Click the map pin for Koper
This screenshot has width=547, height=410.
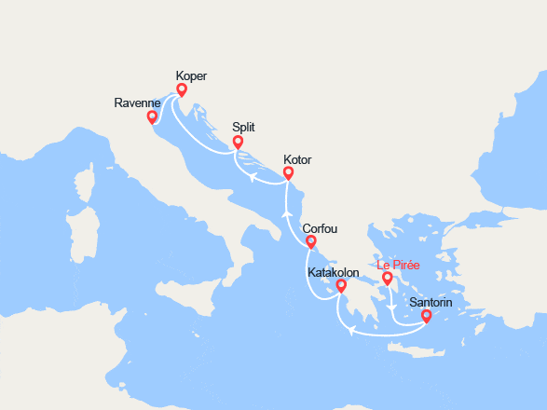point(182,90)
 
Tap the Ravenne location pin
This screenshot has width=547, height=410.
point(152,117)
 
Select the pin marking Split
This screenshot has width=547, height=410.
point(238,143)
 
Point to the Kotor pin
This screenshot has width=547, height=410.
point(288,172)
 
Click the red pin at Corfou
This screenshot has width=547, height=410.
point(310,242)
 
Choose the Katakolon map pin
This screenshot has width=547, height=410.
point(342,286)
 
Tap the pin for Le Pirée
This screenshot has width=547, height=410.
point(388,278)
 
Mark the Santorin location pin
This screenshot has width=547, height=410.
point(427,316)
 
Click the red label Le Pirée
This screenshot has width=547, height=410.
point(399,266)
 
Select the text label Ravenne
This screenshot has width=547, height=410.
point(136,102)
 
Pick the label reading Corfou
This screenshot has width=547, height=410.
point(320,228)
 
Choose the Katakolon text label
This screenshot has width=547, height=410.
point(334,272)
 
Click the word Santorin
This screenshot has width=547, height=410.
point(431,302)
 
